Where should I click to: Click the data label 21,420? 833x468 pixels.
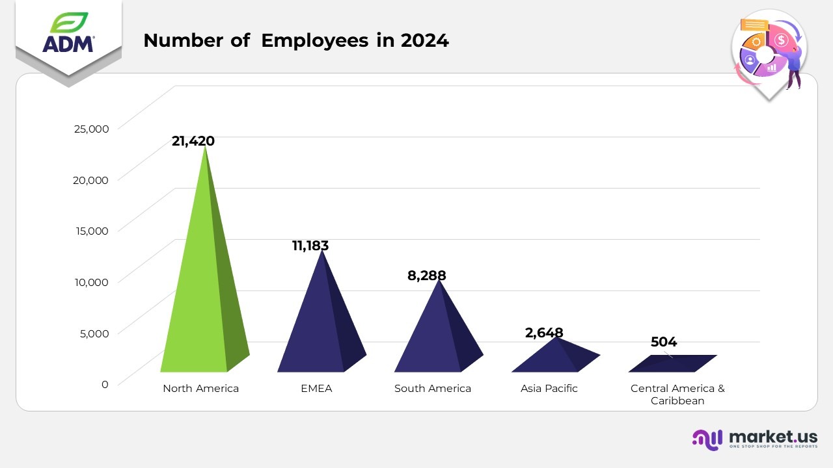pyautogui.click(x=193, y=141)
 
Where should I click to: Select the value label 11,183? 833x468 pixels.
pyautogui.click(x=310, y=246)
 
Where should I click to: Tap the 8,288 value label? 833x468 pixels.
pyautogui.click(x=427, y=276)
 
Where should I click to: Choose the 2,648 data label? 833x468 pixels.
pyautogui.click(x=544, y=333)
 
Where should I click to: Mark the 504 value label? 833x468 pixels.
pyautogui.click(x=664, y=342)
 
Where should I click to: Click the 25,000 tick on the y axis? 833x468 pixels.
pyautogui.click(x=91, y=128)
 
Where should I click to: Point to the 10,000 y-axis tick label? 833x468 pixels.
pyautogui.click(x=91, y=281)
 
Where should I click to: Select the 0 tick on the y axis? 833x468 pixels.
pyautogui.click(x=105, y=384)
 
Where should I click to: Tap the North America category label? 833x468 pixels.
pyautogui.click(x=200, y=389)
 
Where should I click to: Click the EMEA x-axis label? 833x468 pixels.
pyautogui.click(x=316, y=389)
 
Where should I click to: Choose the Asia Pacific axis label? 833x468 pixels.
pyautogui.click(x=549, y=389)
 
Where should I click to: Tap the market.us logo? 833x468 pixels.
pyautogui.click(x=755, y=439)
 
